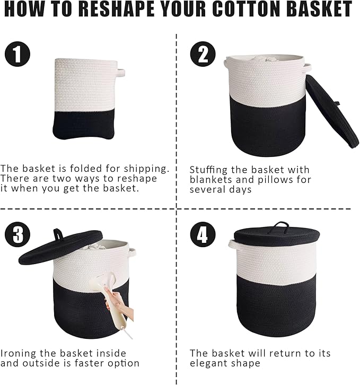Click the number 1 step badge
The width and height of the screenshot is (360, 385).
pyautogui.click(x=18, y=54)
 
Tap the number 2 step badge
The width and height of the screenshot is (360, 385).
pyautogui.click(x=203, y=54)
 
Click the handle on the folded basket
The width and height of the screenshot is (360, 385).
pyautogui.click(x=122, y=69)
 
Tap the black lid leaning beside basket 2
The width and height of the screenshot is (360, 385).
pyautogui.click(x=331, y=112)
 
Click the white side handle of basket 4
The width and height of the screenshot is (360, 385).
pyautogui.click(x=233, y=243)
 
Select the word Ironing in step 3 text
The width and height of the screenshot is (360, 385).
pyautogui.click(x=19, y=353)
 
